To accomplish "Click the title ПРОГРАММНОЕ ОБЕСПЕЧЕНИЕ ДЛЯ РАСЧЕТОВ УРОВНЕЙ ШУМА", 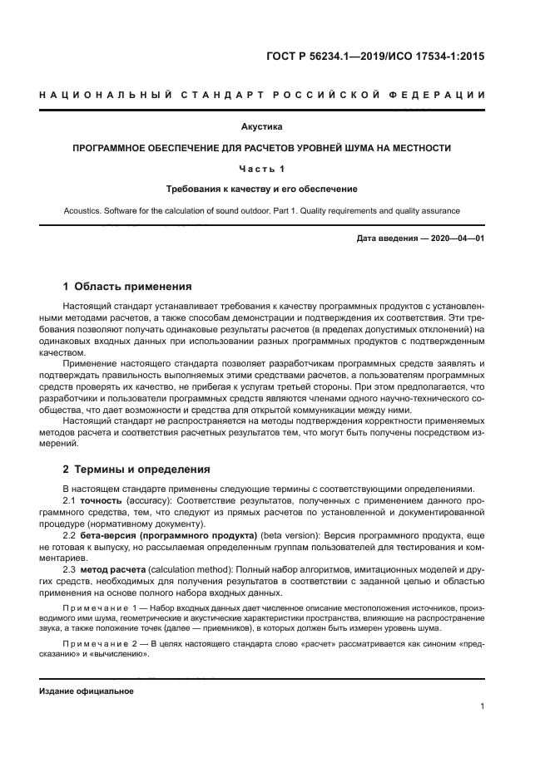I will coord(261,148).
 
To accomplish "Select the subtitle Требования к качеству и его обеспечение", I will coord(261,189).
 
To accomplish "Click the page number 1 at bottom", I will coord(483,706).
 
